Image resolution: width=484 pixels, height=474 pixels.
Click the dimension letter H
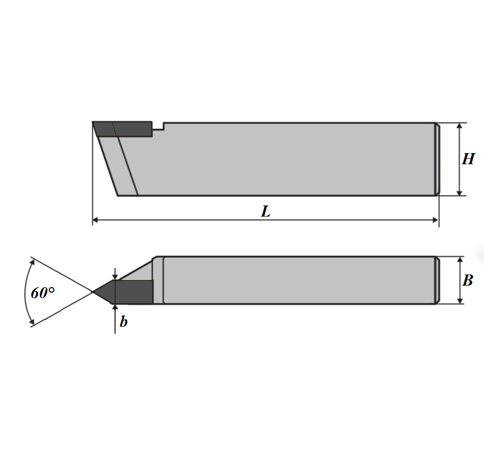coord(468,159)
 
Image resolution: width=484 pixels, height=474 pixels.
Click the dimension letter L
coord(266,212)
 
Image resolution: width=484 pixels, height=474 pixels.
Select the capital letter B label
coord(468,281)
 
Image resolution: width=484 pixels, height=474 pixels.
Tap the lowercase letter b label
coord(123,322)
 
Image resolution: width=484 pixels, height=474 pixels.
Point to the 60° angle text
coord(43,293)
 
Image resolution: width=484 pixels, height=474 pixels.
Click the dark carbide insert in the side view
coord(123,129)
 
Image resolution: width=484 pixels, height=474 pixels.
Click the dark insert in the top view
coord(123,292)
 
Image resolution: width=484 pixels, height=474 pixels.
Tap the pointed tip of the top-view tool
coord(93,292)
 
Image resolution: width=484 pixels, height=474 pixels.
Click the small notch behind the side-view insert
coord(158,126)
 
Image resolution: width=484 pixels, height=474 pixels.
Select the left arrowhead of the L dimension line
coord(95,220)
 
